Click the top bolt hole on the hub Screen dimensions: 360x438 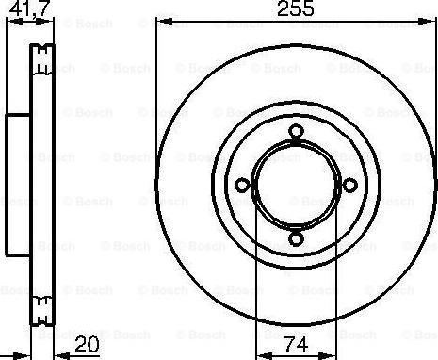pos(295,132)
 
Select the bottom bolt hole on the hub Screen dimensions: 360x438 pos(295,237)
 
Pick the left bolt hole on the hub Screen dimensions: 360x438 pos(242,185)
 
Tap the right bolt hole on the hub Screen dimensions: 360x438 pos(347,185)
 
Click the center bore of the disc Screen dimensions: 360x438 pos(295,185)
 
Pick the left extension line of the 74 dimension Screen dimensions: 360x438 pos(257,283)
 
